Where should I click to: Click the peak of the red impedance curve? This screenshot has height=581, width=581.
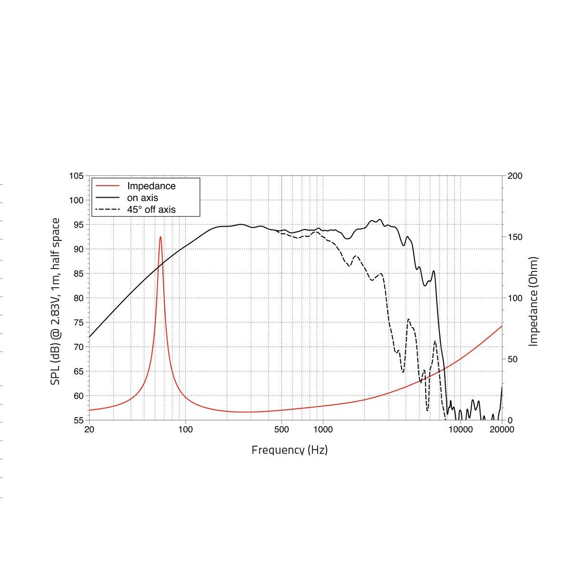(160, 237)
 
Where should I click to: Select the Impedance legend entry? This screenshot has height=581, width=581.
(151, 186)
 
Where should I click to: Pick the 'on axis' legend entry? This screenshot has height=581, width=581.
(142, 198)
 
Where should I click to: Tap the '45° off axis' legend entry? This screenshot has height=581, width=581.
(151, 209)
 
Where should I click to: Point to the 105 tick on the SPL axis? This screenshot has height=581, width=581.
(76, 176)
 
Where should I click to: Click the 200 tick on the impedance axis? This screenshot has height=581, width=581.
(515, 176)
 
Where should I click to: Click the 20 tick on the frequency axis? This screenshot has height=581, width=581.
(89, 430)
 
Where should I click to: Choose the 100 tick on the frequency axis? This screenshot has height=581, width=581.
(185, 430)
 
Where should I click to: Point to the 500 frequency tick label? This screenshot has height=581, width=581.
(281, 430)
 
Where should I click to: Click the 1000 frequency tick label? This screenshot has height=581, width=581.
(323, 430)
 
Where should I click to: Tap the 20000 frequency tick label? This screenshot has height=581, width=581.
(502, 430)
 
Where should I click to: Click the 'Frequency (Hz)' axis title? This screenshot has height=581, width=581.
(290, 450)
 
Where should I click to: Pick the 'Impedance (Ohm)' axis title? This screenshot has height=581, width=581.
(534, 301)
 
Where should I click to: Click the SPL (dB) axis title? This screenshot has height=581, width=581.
(56, 301)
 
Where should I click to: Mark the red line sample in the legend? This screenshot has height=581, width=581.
(107, 186)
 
